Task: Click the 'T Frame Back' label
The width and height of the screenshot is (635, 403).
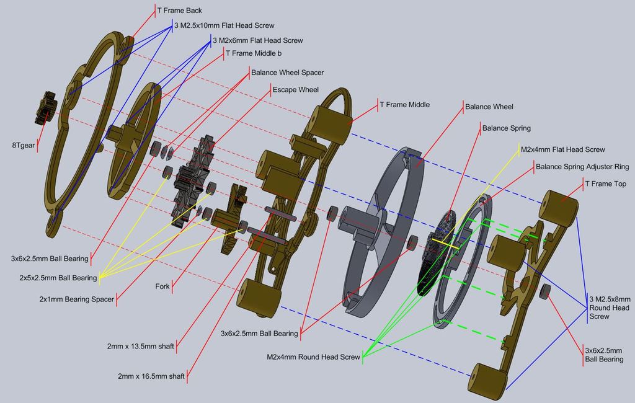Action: (179, 11)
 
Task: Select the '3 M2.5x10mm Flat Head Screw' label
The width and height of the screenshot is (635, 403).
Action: (224, 25)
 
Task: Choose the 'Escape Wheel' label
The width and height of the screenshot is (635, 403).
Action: (295, 90)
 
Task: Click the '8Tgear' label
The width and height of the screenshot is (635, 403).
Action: (22, 146)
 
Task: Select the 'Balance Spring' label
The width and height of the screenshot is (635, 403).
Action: (506, 128)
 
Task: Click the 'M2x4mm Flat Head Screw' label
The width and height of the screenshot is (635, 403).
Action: (562, 149)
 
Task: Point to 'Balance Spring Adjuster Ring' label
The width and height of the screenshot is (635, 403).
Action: (582, 167)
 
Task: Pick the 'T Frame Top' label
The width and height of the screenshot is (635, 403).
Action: (605, 184)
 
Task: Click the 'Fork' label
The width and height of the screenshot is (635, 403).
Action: (162, 287)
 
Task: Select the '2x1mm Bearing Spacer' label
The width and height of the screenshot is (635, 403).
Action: (76, 299)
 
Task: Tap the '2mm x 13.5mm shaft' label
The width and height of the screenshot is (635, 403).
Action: (140, 346)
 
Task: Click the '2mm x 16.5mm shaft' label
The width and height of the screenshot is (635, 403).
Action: (151, 376)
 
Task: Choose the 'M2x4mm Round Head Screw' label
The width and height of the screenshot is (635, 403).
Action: (313, 357)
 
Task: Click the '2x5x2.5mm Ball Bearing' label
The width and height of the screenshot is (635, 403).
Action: (58, 278)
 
